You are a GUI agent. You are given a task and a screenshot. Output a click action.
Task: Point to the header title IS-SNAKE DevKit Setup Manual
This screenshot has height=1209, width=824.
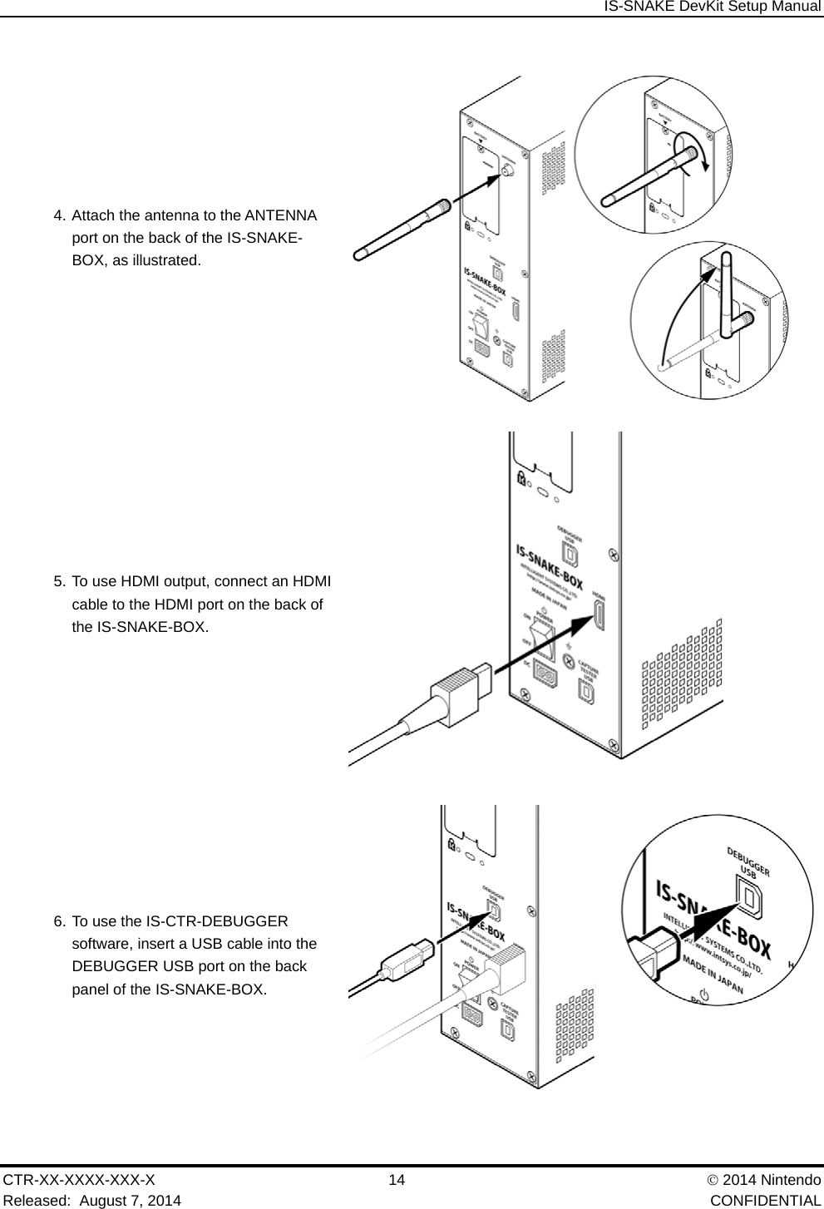712,7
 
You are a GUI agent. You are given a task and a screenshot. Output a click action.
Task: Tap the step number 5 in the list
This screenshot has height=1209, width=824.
58,580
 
